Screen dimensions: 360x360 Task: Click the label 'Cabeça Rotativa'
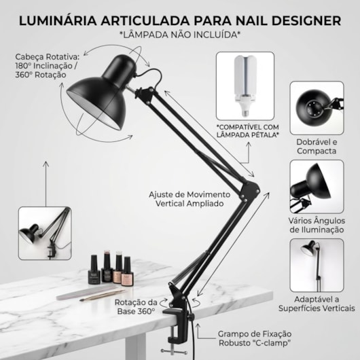pyautogui.click(x=40, y=58)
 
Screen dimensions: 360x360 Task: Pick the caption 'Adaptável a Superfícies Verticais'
pyautogui.click(x=316, y=303)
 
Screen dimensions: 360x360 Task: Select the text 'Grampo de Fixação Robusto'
pyautogui.click(x=255, y=338)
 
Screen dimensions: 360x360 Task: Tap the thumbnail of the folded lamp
pyautogui.click(x=316, y=108)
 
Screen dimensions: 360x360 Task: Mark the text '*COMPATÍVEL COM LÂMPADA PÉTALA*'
pyautogui.click(x=247, y=130)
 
